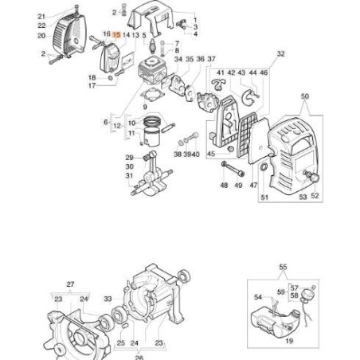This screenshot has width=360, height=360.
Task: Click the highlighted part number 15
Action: pyautogui.click(x=116, y=36)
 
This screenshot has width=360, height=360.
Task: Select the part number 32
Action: pyautogui.click(x=280, y=54)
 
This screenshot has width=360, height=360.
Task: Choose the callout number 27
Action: pyautogui.click(x=69, y=284)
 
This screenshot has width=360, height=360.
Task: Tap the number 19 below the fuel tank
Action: pyautogui.click(x=288, y=340)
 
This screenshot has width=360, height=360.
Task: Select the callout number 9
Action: pyautogui.click(x=144, y=104)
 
